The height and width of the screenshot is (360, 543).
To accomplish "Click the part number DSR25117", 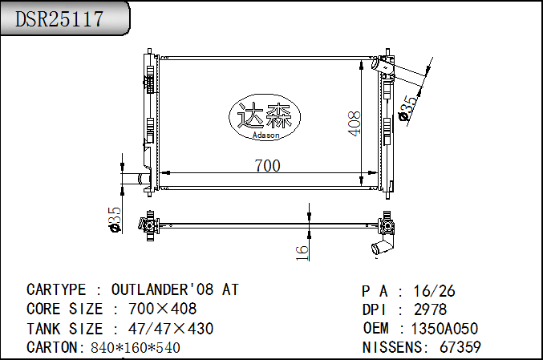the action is point(59,18).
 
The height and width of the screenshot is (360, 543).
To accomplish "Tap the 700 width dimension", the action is point(267,166).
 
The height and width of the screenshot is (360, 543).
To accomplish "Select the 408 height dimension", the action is point(354,123).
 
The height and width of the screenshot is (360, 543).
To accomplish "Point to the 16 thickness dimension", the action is point(302,253).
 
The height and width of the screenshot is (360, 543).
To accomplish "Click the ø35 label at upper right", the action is point(408,108).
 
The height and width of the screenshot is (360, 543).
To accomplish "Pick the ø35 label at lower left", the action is point(114,220).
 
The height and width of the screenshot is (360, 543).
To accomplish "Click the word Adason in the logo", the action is point(266,135).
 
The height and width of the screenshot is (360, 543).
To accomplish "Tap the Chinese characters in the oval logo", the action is point(264,115).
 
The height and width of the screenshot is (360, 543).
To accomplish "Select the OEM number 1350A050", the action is point(444,329).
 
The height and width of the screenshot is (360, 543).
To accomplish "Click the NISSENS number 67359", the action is point(460,347).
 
